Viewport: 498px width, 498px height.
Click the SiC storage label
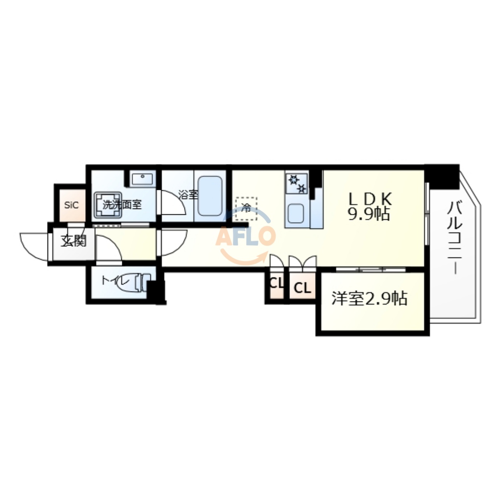(71, 205)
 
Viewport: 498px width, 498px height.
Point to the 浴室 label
(188, 195)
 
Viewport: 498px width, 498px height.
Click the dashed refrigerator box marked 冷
(246, 208)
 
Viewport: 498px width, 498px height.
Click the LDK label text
(369, 199)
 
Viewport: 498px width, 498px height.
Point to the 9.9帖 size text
(368, 214)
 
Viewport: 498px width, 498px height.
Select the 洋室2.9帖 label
(369, 299)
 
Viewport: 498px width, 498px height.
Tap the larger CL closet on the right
(302, 288)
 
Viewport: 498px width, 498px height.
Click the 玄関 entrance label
(73, 241)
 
